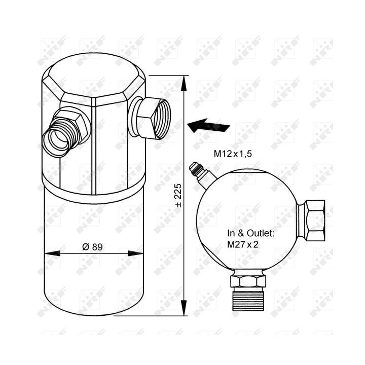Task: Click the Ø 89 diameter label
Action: click(x=92, y=247)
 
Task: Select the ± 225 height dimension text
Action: click(x=178, y=196)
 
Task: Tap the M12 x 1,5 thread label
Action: click(x=233, y=154)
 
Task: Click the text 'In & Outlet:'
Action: click(x=251, y=233)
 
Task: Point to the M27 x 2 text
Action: click(x=243, y=244)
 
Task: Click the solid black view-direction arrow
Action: click(x=208, y=126)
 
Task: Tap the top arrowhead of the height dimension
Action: click(x=184, y=83)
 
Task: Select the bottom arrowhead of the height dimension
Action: click(x=184, y=308)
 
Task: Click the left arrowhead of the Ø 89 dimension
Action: click(x=52, y=253)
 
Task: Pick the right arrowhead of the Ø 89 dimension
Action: click(x=136, y=253)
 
